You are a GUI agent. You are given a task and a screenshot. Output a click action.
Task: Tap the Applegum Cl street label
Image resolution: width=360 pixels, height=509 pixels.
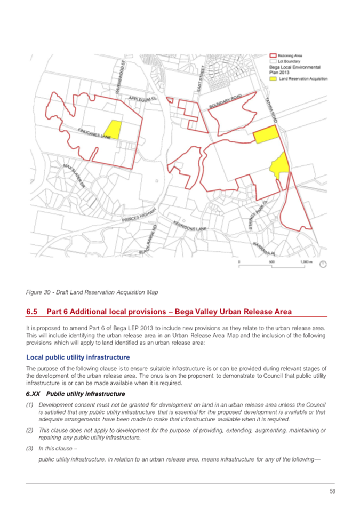140,100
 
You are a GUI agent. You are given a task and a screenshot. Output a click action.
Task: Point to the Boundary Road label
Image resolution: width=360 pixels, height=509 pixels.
225,101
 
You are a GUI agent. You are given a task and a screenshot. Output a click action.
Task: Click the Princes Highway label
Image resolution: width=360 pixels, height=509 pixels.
138,214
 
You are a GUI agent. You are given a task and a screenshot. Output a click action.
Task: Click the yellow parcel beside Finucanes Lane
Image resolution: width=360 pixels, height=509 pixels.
112,129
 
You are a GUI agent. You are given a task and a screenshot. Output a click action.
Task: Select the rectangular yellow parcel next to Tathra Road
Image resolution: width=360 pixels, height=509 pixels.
266,134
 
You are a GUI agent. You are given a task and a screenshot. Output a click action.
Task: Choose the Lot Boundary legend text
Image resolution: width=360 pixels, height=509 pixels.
290,61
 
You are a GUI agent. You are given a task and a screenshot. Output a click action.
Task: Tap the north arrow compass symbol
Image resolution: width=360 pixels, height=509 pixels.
323,264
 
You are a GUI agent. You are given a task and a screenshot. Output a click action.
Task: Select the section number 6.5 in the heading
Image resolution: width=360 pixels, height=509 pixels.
32,311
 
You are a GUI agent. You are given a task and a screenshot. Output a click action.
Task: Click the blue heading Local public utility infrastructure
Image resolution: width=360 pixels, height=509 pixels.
78,357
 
